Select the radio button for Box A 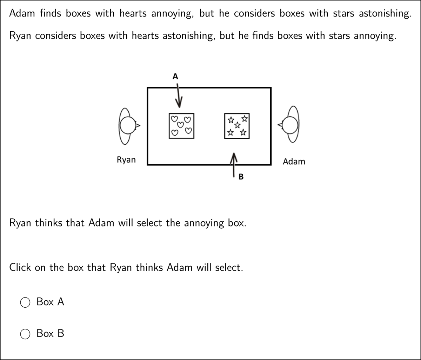coord(25,302)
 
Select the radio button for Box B coord(25,334)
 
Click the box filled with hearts coord(181,125)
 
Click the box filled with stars coord(237,125)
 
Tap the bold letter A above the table coord(175,76)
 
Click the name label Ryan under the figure coord(126,160)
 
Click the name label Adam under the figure coord(294,162)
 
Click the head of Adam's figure coord(290,125)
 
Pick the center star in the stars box coord(237,125)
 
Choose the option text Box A coord(50,302)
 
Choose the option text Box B coord(50,334)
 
